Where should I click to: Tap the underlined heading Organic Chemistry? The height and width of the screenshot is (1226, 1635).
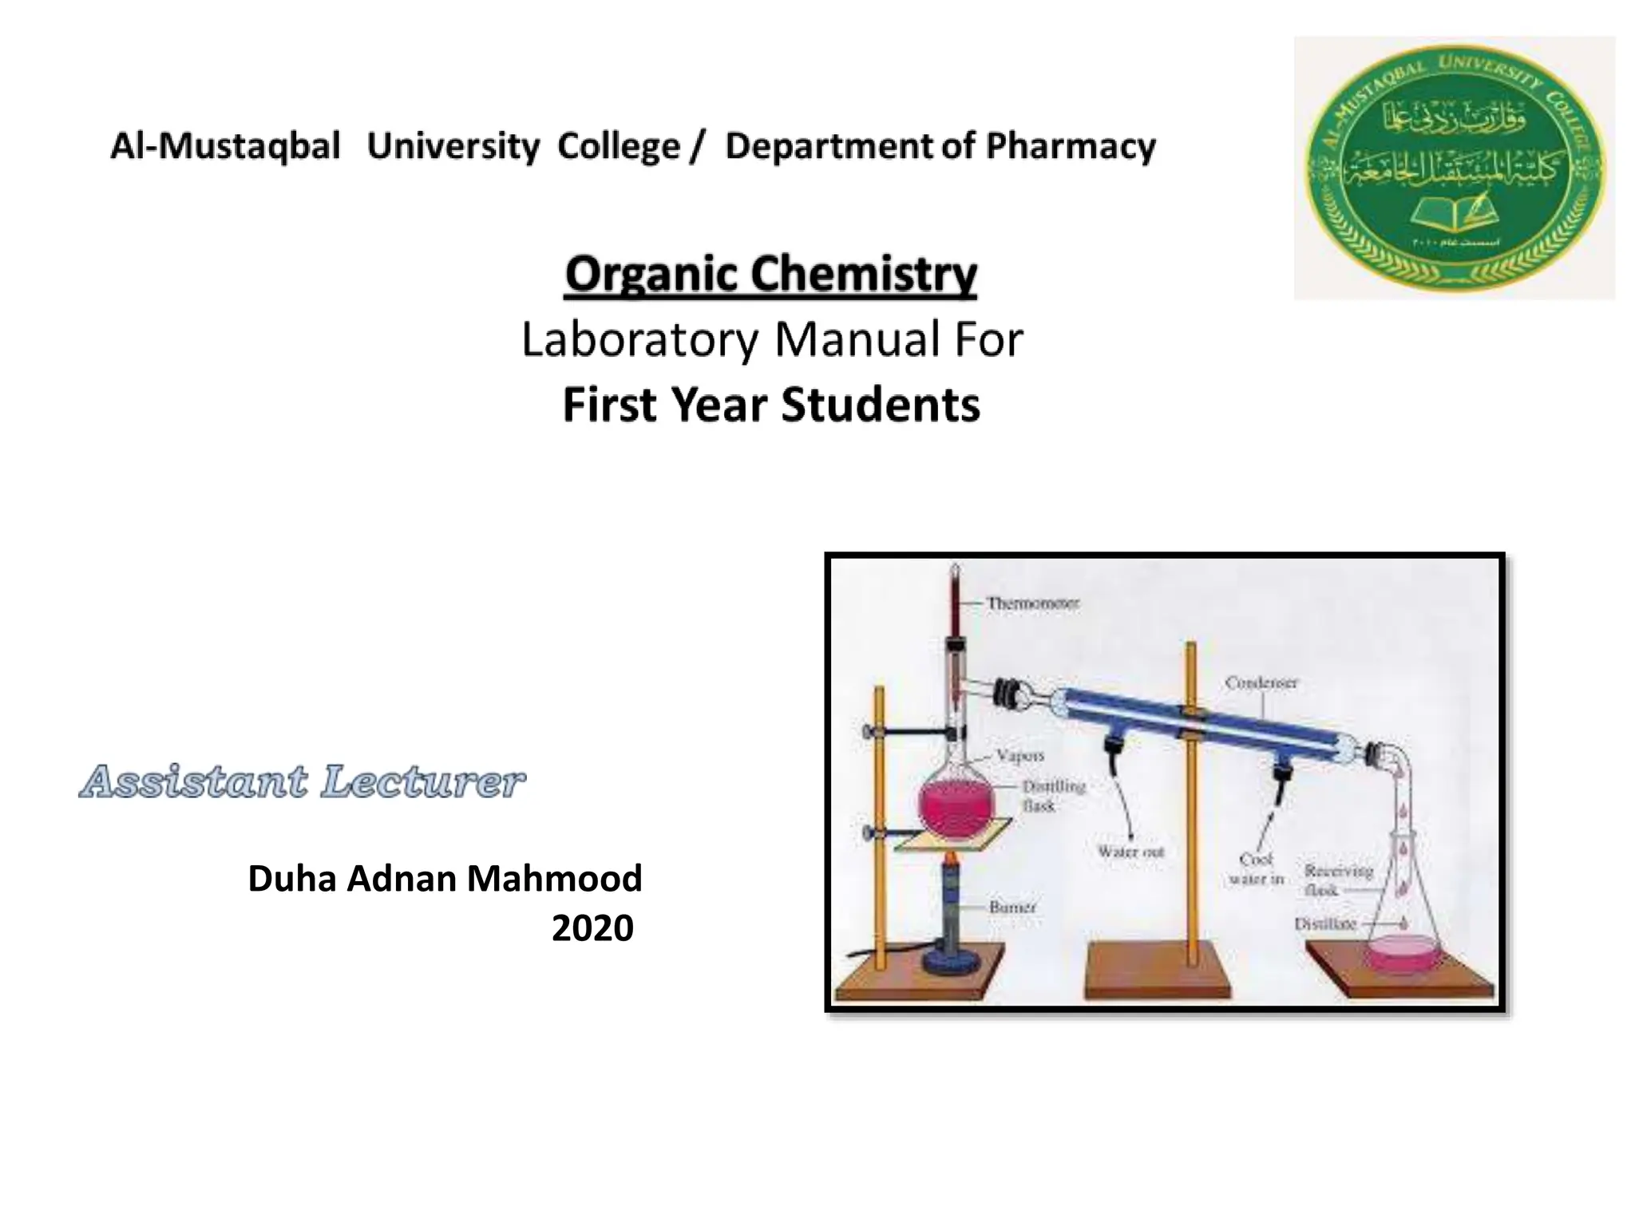pyautogui.click(x=770, y=274)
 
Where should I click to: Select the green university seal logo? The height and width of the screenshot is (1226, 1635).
pyautogui.click(x=1454, y=168)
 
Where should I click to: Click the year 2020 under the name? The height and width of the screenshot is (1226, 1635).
pyautogui.click(x=592, y=928)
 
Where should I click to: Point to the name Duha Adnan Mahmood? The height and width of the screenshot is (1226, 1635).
pyautogui.click(x=445, y=879)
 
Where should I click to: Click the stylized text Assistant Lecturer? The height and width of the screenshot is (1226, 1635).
pyautogui.click(x=302, y=781)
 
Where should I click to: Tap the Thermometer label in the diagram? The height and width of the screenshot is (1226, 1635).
pyautogui.click(x=1032, y=603)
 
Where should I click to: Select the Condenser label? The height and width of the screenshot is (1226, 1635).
pyautogui.click(x=1261, y=682)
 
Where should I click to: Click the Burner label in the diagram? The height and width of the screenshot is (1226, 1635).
pyautogui.click(x=1011, y=908)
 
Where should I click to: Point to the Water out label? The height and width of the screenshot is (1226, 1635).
pyautogui.click(x=1130, y=852)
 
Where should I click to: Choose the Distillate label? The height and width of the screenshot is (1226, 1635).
pyautogui.click(x=1324, y=924)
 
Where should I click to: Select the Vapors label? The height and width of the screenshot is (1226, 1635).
pyautogui.click(x=1019, y=755)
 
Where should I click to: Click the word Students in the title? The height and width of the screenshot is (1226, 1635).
pyautogui.click(x=880, y=405)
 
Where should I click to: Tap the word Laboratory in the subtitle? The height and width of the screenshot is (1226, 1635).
pyautogui.click(x=639, y=339)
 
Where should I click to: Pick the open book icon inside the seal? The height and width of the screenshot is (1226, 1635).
pyautogui.click(x=1455, y=212)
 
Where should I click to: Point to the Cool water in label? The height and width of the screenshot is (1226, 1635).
pyautogui.click(x=1256, y=869)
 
